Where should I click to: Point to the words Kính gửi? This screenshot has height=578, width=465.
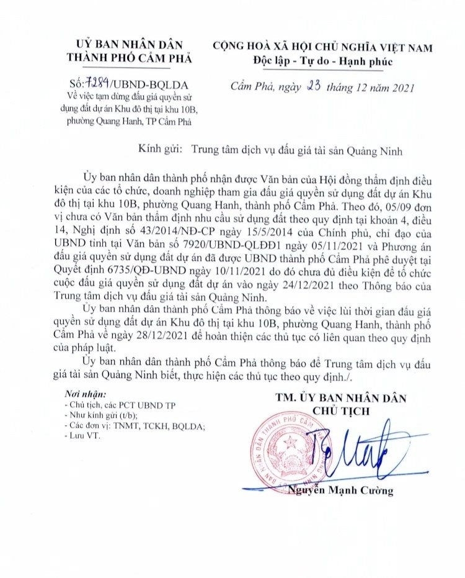(x=161, y=150)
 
